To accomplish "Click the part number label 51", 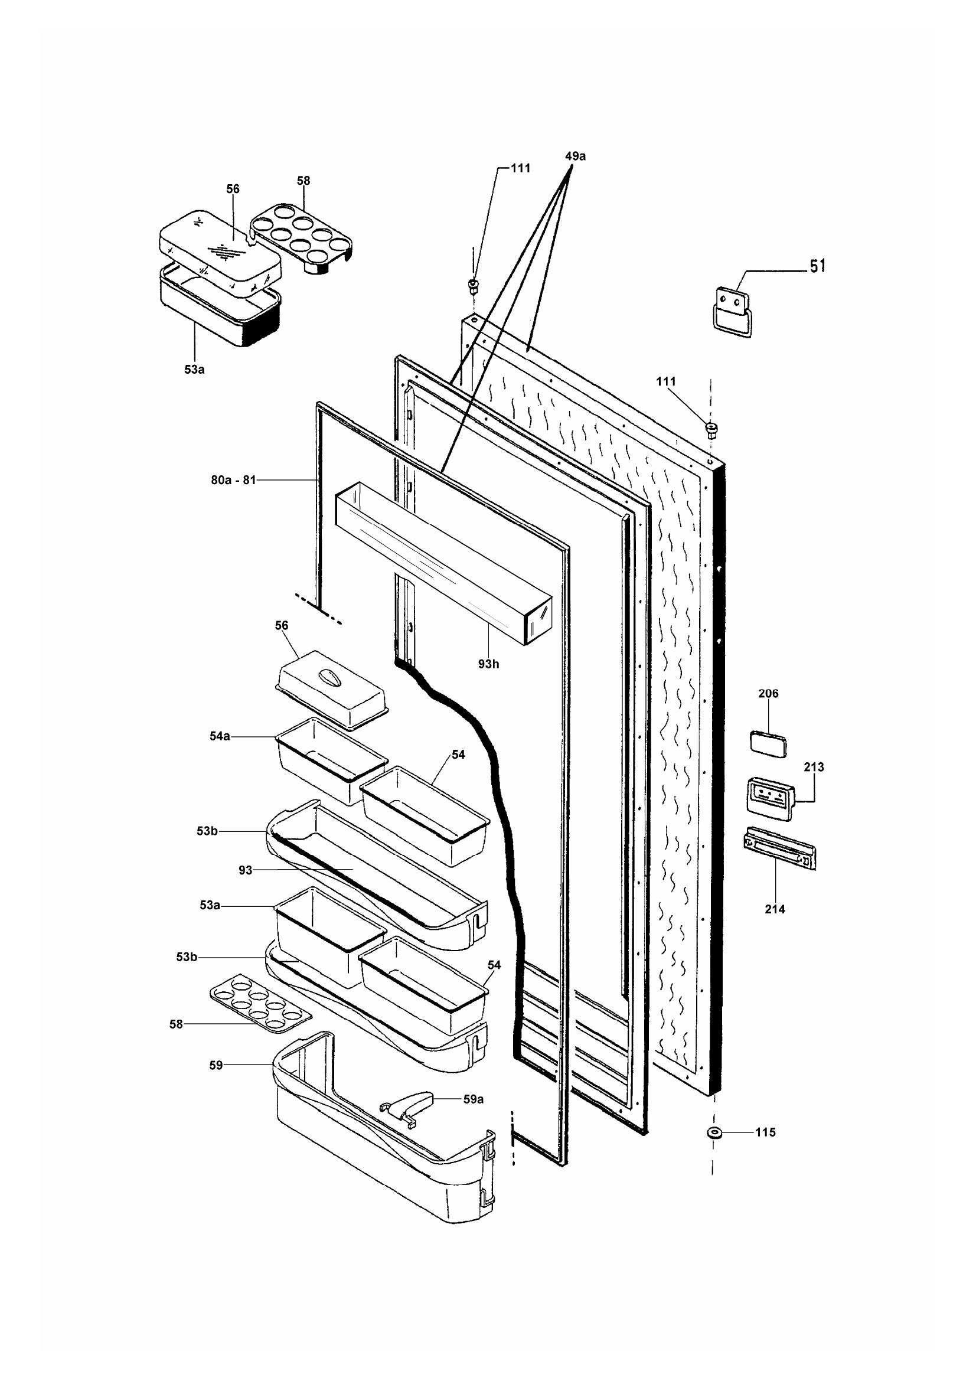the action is [817, 266].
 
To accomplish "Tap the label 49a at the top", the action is [575, 156].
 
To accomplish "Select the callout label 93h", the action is [488, 665].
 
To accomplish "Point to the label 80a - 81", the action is [233, 480].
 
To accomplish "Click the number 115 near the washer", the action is [766, 1132].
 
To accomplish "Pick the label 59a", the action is [474, 1099].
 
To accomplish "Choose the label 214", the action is [775, 909].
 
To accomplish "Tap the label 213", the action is [814, 768].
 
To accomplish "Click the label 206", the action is [768, 694].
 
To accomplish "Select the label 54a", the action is [220, 736].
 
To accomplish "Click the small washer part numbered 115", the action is [714, 1133].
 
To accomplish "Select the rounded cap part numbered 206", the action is [768, 743].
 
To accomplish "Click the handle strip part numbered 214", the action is [779, 848].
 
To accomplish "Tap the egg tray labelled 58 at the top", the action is [301, 237].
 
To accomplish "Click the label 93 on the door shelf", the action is [246, 870].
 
